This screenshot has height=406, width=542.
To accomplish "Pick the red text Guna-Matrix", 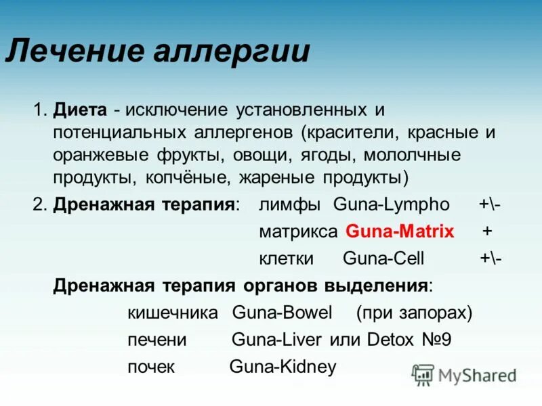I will coord(400,231).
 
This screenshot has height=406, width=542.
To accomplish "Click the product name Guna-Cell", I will coord(383,258).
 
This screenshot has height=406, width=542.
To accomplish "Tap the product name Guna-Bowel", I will coord(282,313).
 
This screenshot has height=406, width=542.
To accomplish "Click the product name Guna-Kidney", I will coord(283,367).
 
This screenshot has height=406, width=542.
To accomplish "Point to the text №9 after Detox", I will coord(436,340).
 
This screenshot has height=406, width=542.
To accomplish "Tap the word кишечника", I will coord(173,313).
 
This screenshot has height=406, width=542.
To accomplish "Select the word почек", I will coord(151,367).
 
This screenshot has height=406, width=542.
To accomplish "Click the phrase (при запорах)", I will coord(414,313).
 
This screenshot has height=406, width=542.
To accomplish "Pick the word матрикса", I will coord(298,231).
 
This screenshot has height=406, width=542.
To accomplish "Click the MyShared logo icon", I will coord(423,374).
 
